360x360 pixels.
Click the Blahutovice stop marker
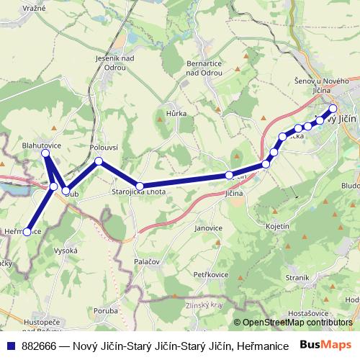click(45, 153)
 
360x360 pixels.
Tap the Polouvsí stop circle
click(99, 161)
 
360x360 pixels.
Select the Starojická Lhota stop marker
click(140, 186)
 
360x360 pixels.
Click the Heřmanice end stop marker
click(27, 232)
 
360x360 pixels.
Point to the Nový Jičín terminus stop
click(333, 109)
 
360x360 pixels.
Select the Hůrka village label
click(176, 113)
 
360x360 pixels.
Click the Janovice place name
click(208, 227)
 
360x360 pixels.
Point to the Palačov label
click(147, 261)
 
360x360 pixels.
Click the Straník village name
click(297, 276)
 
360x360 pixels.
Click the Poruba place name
click(105, 312)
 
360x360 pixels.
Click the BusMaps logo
click(326, 345)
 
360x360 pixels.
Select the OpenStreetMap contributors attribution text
click(297, 323)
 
